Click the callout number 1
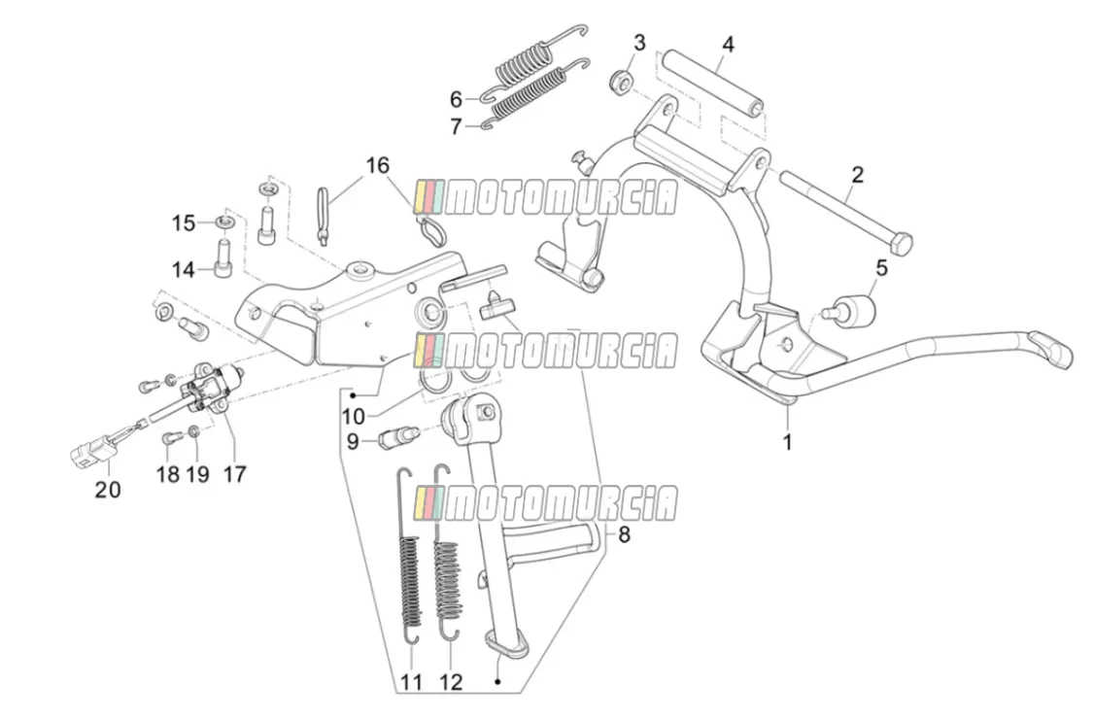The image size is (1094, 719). (788, 442)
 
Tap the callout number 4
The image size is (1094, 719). (729, 45)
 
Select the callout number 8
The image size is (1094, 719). (624, 535)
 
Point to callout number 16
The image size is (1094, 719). (377, 166)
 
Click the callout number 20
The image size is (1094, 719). (108, 490)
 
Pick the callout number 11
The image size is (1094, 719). (411, 681)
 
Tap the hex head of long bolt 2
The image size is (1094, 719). (901, 243)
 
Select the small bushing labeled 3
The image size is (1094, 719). (621, 81)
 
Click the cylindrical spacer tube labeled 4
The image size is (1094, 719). (713, 83)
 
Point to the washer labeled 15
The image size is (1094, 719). (224, 222)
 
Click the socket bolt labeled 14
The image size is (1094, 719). (222, 258)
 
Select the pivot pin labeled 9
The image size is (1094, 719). (397, 437)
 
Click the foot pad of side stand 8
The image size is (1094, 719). (504, 643)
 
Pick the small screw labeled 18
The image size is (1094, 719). (171, 438)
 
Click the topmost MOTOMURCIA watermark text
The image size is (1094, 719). (546, 197)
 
